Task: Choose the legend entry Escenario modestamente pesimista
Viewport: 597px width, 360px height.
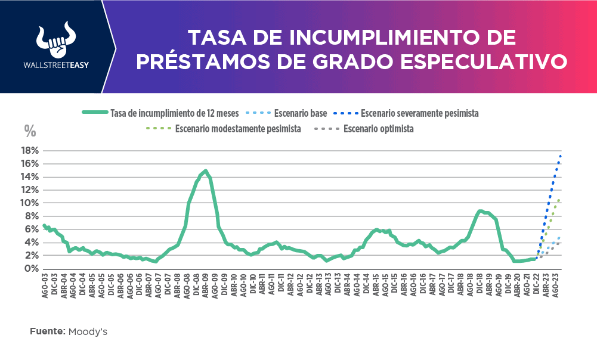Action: (238, 128)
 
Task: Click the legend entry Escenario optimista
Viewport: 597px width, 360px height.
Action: (378, 128)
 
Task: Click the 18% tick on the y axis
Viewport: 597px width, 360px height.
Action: (30, 150)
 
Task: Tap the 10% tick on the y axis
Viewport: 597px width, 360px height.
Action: (30, 203)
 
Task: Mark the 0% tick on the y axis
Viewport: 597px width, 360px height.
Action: (32, 268)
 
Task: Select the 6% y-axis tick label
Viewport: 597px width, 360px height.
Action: (32, 229)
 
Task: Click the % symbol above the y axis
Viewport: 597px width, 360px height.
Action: (29, 131)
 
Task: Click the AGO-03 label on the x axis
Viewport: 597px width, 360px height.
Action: (45, 287)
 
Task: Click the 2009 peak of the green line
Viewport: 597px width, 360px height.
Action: (206, 171)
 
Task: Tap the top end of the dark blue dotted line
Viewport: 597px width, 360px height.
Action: (561, 156)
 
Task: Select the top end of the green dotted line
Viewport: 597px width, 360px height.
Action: (559, 200)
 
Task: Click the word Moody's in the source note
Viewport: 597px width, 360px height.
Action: (88, 331)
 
